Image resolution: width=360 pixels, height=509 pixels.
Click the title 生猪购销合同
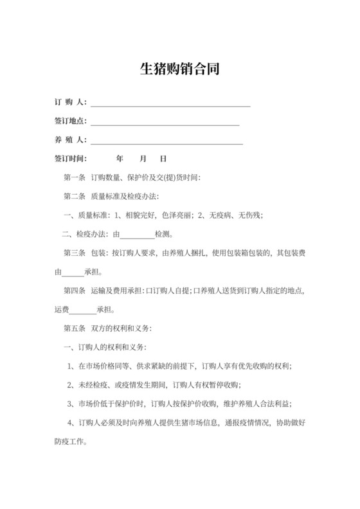(x=180, y=69)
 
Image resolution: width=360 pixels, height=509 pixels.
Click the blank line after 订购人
(x=170, y=103)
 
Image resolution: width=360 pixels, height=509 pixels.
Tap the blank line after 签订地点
(x=165, y=122)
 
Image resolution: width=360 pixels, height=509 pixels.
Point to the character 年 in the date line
(x=119, y=159)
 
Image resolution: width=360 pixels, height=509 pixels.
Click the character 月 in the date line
(x=143, y=159)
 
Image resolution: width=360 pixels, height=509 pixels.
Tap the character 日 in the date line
(x=163, y=159)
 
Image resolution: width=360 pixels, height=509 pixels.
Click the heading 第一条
(x=75, y=177)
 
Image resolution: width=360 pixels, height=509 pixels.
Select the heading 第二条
(x=75, y=196)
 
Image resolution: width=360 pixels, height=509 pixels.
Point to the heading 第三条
(x=75, y=253)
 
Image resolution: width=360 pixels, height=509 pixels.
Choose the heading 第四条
(x=75, y=290)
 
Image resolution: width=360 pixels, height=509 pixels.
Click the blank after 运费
(x=83, y=310)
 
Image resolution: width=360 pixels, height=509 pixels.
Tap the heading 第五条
(x=75, y=328)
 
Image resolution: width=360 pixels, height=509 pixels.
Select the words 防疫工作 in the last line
(x=69, y=442)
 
